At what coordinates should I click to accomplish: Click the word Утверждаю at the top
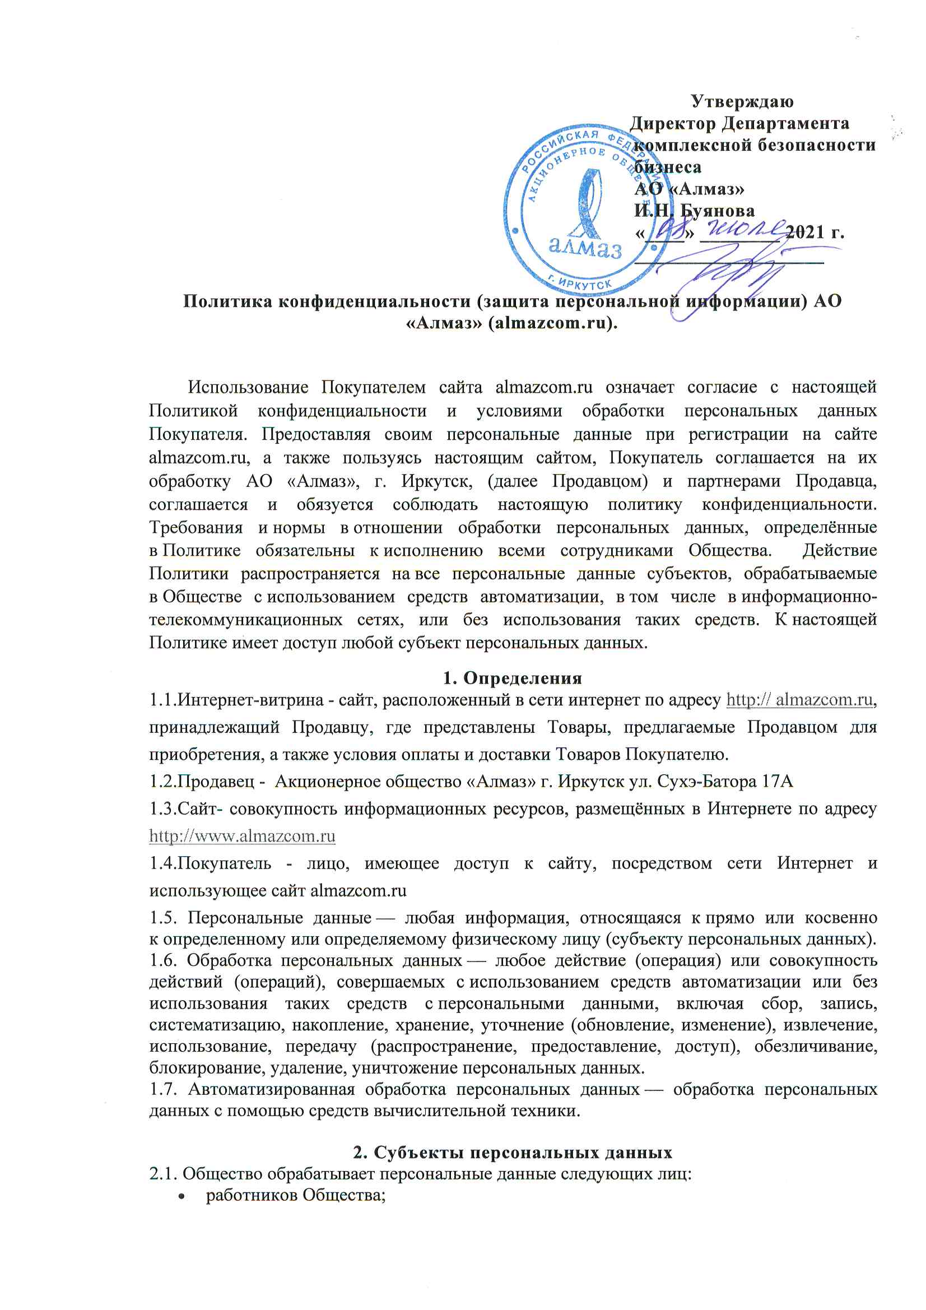742,101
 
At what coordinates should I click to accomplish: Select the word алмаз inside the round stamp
584,247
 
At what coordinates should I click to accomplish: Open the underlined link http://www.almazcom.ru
242,837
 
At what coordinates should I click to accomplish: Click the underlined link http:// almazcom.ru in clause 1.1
799,699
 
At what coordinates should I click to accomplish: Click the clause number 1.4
162,863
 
